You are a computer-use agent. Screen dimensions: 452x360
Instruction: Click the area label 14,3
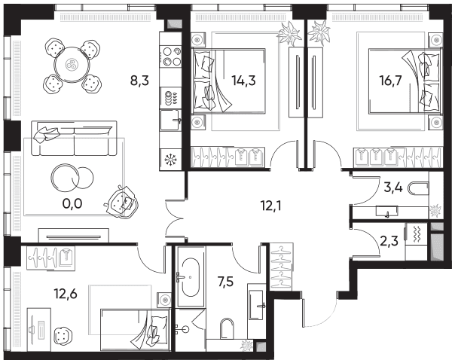coord(243,81)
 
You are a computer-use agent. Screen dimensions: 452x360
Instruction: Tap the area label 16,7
coord(390,81)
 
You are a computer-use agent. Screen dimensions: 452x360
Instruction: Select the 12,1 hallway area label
coord(270,206)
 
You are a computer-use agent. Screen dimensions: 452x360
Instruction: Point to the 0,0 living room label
coord(72,204)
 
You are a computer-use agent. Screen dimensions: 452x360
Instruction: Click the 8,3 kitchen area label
coord(139,81)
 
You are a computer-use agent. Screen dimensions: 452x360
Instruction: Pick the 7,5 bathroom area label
coord(226,282)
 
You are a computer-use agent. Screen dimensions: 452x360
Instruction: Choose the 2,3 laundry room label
coord(389,241)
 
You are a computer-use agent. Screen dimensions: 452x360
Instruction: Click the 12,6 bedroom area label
coord(66,294)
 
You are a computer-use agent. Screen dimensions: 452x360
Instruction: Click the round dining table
coord(72,65)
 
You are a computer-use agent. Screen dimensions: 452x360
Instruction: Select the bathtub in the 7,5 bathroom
coord(190,276)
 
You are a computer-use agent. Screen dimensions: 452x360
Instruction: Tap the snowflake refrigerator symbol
coord(170,160)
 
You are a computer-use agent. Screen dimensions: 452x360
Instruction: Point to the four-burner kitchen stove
coord(171,56)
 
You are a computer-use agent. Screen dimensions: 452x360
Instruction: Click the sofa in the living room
coord(74,139)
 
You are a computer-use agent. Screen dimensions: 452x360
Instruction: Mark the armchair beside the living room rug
coord(121,201)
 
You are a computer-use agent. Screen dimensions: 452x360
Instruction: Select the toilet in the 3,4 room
coord(418,188)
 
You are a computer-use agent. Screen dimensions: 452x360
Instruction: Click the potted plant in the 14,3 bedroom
coord(289,34)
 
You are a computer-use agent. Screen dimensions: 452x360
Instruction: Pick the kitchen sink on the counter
coord(171,121)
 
